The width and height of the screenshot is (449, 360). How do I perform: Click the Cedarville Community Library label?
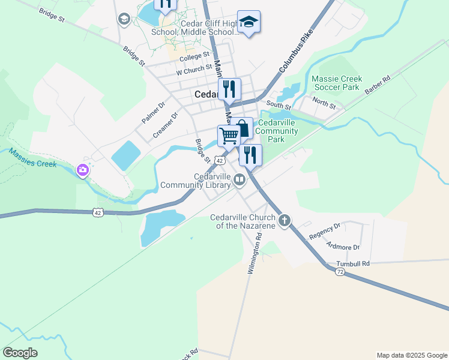tap(212, 181)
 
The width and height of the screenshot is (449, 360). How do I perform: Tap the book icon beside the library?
tap(240, 179)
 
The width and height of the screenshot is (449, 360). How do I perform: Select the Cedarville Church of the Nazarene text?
tap(242, 221)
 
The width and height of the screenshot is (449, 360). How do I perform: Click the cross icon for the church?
tap(285, 220)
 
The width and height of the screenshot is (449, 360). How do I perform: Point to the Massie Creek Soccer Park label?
tap(335, 83)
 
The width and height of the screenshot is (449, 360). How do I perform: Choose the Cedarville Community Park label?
tap(277, 131)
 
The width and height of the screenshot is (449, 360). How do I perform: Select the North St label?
tap(324, 104)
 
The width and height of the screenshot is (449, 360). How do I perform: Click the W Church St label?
tap(194, 71)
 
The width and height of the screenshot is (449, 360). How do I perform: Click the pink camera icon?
tap(82, 170)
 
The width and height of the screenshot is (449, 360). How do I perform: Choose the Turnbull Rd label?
tap(353, 263)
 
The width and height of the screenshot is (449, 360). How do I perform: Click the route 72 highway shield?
tap(340, 272)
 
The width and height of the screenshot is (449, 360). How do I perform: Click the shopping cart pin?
tap(229, 136)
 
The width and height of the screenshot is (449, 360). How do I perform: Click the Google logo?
tap(20, 353)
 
